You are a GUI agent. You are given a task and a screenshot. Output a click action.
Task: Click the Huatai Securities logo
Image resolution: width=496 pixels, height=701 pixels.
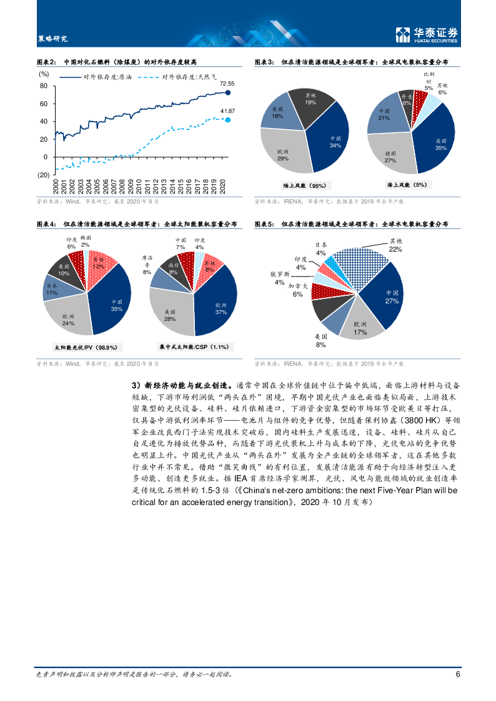(x=427, y=36)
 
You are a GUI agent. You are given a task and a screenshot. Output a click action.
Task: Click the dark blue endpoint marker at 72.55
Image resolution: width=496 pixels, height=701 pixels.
(x=228, y=92)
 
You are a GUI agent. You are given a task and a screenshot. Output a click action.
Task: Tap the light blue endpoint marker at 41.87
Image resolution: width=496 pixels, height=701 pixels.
(x=228, y=120)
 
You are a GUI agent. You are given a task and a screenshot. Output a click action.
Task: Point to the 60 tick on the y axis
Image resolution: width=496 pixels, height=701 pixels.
(x=44, y=104)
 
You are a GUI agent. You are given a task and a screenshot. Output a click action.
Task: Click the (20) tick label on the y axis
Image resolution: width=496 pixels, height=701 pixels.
(x=43, y=175)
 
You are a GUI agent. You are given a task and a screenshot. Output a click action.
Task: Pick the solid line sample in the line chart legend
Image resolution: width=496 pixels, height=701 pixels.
(x=71, y=77)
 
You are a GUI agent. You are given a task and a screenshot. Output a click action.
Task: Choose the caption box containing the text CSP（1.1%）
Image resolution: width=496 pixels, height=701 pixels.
(x=194, y=346)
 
